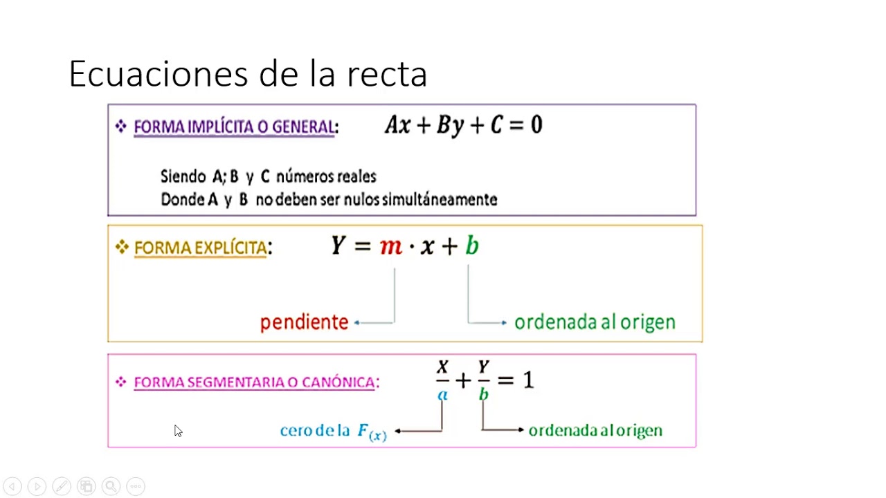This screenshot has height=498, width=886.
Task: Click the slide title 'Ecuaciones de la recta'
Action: tap(248, 74)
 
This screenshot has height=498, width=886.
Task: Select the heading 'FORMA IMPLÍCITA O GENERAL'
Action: tap(234, 127)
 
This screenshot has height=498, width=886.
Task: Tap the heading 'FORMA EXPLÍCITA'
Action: tap(200, 248)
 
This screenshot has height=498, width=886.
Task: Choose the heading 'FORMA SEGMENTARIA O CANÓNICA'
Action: tap(255, 382)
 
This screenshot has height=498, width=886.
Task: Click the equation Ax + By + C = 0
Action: tap(464, 125)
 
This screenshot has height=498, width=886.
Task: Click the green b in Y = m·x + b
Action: tap(471, 246)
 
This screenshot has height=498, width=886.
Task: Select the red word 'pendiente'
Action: tap(304, 322)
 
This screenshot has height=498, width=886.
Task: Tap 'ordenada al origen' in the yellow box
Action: tap(595, 322)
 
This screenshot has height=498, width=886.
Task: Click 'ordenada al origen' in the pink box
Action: tap(595, 431)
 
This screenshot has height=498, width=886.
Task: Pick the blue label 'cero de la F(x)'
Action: tap(333, 432)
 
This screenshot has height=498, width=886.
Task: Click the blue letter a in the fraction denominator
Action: tap(442, 395)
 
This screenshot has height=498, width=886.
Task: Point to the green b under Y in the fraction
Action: tap(483, 394)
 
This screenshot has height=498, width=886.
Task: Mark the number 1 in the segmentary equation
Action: tap(528, 380)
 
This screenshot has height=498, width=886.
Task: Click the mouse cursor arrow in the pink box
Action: tap(177, 430)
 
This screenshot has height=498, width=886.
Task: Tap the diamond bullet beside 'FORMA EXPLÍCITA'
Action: tap(122, 247)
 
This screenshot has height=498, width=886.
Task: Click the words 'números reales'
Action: tap(326, 177)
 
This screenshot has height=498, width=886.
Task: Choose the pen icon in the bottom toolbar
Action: tap(61, 486)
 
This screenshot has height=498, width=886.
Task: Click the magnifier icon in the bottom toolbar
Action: tap(111, 486)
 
